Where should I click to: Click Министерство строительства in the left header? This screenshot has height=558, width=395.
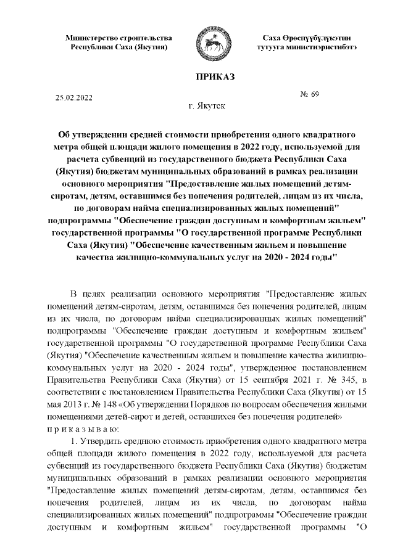(119, 38)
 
